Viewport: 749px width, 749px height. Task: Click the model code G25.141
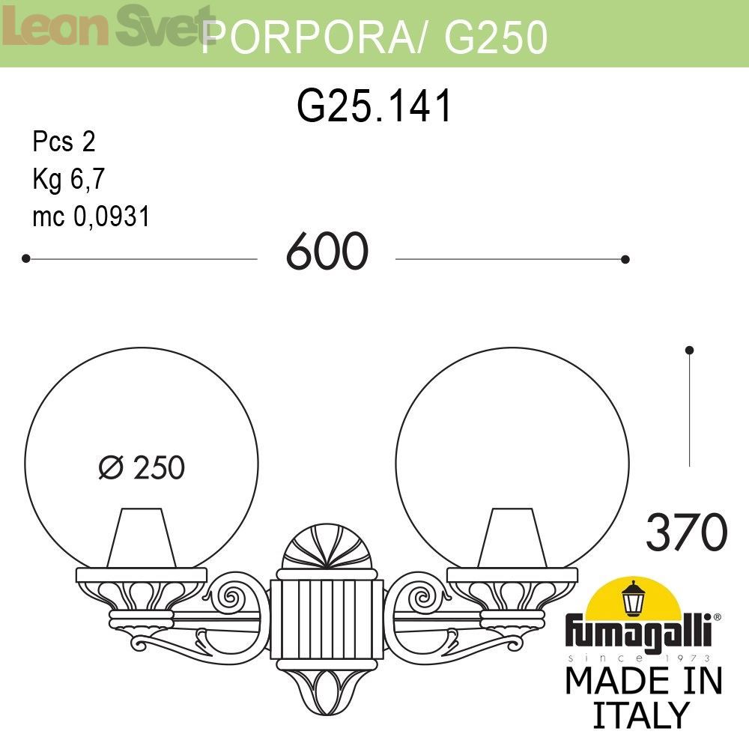pyautogui.click(x=374, y=106)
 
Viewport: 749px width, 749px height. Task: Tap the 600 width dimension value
pyautogui.click(x=327, y=251)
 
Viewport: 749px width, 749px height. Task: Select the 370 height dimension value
pyautogui.click(x=686, y=532)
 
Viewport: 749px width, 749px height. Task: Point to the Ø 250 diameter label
pyautogui.click(x=142, y=467)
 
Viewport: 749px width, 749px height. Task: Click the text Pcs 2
pyautogui.click(x=64, y=142)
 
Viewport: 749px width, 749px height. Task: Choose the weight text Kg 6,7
pyautogui.click(x=68, y=179)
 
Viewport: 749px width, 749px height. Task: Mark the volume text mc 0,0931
pyautogui.click(x=91, y=216)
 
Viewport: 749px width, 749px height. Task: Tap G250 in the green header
pyautogui.click(x=496, y=37)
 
